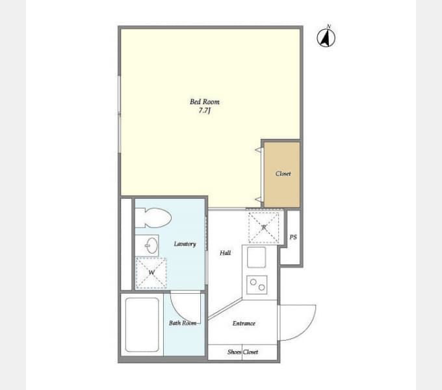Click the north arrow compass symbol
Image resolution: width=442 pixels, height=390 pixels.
coord(326,38)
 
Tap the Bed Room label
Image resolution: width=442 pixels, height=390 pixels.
coord(204,102)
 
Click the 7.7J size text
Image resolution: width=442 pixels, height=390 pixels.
coord(204,110)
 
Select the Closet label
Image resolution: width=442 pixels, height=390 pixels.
coord(283,174)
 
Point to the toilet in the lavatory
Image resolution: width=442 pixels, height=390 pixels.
coord(153,218)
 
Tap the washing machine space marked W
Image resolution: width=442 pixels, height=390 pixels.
coord(151,273)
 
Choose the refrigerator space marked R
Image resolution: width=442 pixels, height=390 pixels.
coord(264,227)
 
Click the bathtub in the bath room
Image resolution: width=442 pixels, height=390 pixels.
coord(142,324)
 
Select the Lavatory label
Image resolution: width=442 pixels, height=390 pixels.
coord(185,244)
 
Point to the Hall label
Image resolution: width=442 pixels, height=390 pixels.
coord(226,253)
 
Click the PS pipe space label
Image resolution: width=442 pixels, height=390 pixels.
coord(293,237)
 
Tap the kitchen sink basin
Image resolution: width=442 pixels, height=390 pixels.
coord(257,257)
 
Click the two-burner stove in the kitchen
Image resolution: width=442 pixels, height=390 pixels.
coord(257,285)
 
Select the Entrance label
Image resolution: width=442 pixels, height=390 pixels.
coord(244,324)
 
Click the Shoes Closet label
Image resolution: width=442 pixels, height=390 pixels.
coord(242,352)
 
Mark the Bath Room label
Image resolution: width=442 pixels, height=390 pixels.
coord(183,323)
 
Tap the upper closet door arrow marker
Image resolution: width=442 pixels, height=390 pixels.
coord(258,150)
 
